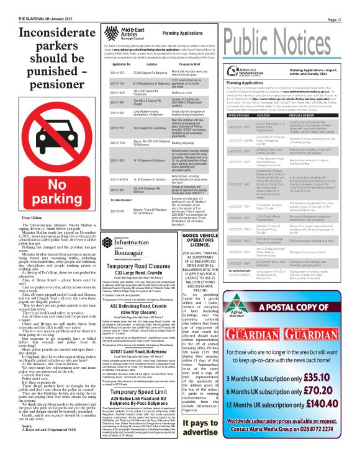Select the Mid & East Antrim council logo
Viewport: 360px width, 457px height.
click(136, 29)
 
